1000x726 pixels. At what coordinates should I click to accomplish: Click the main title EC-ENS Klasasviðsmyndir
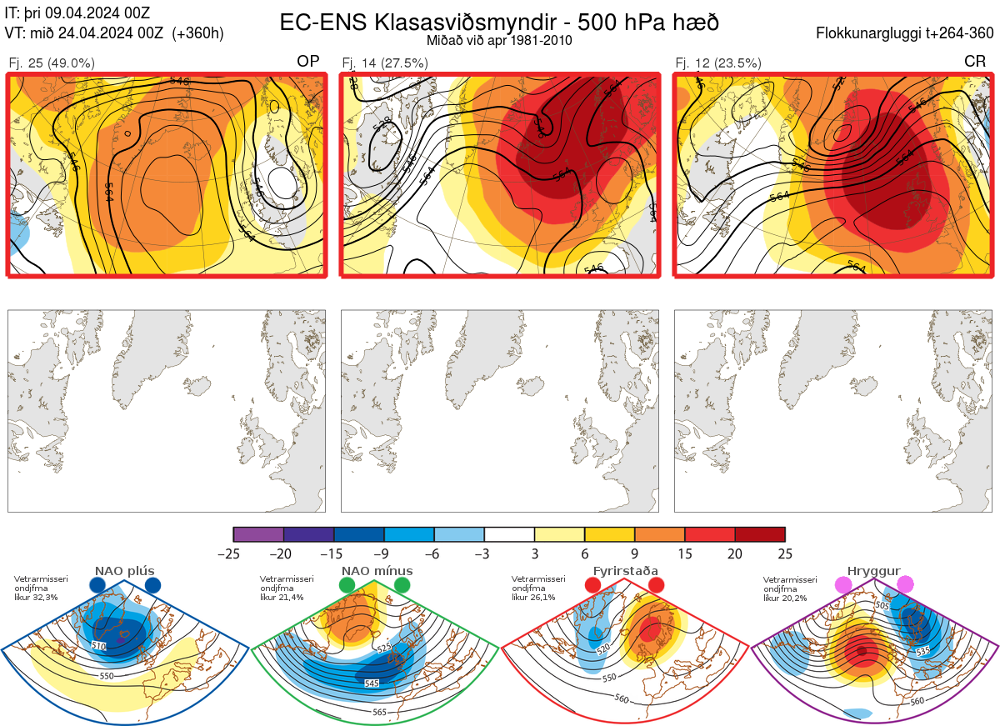[x=499, y=23]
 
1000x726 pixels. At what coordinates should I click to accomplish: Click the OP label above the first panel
[x=308, y=62]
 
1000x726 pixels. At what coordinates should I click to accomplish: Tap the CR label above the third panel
[x=975, y=62]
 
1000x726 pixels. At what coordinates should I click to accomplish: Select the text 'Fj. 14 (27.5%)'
[x=385, y=63]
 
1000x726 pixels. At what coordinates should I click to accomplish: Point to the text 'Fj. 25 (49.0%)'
[x=52, y=63]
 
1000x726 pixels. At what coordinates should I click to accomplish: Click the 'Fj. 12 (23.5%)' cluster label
[x=718, y=63]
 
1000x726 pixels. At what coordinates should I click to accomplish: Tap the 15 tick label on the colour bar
[x=685, y=553]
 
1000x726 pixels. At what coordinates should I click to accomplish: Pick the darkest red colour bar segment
[x=760, y=534]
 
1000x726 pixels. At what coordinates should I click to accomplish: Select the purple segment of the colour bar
[x=258, y=534]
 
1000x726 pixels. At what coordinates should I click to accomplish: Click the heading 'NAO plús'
[x=125, y=571]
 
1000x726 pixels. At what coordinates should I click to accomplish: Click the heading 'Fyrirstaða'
[x=625, y=571]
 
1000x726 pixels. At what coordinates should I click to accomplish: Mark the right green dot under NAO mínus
[x=402, y=585]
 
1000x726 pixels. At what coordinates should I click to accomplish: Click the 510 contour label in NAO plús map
[x=99, y=646]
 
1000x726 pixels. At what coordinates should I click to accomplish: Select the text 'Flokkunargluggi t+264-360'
[x=907, y=33]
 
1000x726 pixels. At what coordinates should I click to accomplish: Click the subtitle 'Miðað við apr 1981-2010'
[x=499, y=40]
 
